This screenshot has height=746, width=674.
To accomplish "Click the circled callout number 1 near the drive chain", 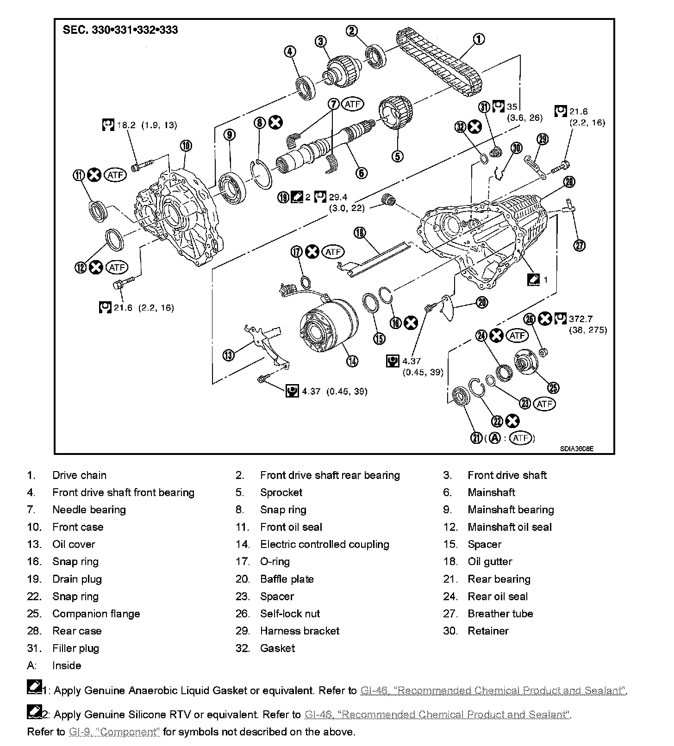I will coord(479,39).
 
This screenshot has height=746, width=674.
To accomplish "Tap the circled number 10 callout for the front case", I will coord(186,146).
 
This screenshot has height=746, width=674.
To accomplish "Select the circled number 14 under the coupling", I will coord(352,361).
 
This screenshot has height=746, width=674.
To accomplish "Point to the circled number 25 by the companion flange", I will coord(553,387).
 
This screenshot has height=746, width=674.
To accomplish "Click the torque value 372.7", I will coord(581,319).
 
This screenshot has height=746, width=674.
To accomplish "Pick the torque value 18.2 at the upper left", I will coord(126,125).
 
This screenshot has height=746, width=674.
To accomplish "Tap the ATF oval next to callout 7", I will coord(352,104).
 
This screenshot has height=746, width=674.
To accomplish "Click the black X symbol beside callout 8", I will coord(276,123).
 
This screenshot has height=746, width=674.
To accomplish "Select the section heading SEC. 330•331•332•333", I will coord(120,31).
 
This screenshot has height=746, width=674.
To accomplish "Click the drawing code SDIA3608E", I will coord(576,448).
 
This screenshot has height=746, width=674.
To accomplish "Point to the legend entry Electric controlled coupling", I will coord(324,544).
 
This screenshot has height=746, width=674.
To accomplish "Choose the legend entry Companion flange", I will coord(96,614).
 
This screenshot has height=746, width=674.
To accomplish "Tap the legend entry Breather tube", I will coord(500,614).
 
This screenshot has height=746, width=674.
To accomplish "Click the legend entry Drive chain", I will coord(79,475).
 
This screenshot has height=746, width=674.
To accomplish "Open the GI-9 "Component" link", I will coord(114,732).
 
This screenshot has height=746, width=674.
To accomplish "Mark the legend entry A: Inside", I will coord(66,665).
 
